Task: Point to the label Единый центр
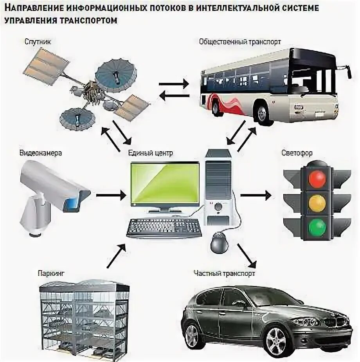click(150, 153)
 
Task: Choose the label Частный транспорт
click(225, 273)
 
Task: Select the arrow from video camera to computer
click(111, 194)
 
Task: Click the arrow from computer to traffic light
click(256, 194)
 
